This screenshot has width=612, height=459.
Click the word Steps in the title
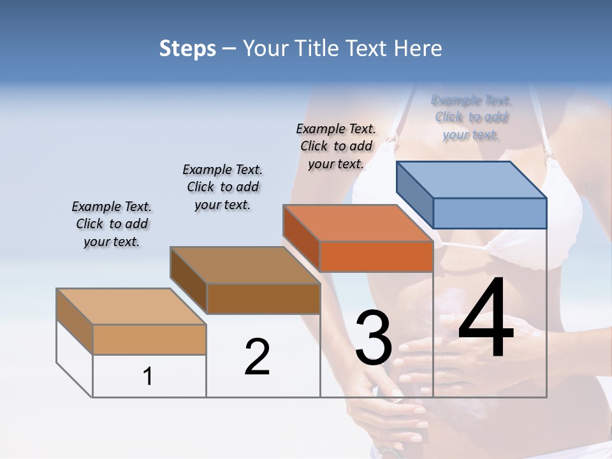[x=187, y=48]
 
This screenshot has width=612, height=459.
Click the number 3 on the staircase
[x=373, y=337]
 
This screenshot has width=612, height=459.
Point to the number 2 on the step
[x=257, y=356]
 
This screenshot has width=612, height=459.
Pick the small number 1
[x=148, y=376]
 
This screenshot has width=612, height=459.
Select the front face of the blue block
[x=490, y=213]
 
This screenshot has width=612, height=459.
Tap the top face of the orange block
[x=358, y=223]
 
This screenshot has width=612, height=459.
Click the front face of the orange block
[x=376, y=257]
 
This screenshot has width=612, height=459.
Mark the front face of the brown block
[x=263, y=298]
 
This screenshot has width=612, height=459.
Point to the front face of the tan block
[x=149, y=340]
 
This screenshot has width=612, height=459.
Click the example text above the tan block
[x=112, y=224]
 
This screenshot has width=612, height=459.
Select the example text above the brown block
[x=222, y=187]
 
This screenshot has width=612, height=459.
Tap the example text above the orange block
[x=336, y=146]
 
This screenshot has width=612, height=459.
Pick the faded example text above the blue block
[x=471, y=117]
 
